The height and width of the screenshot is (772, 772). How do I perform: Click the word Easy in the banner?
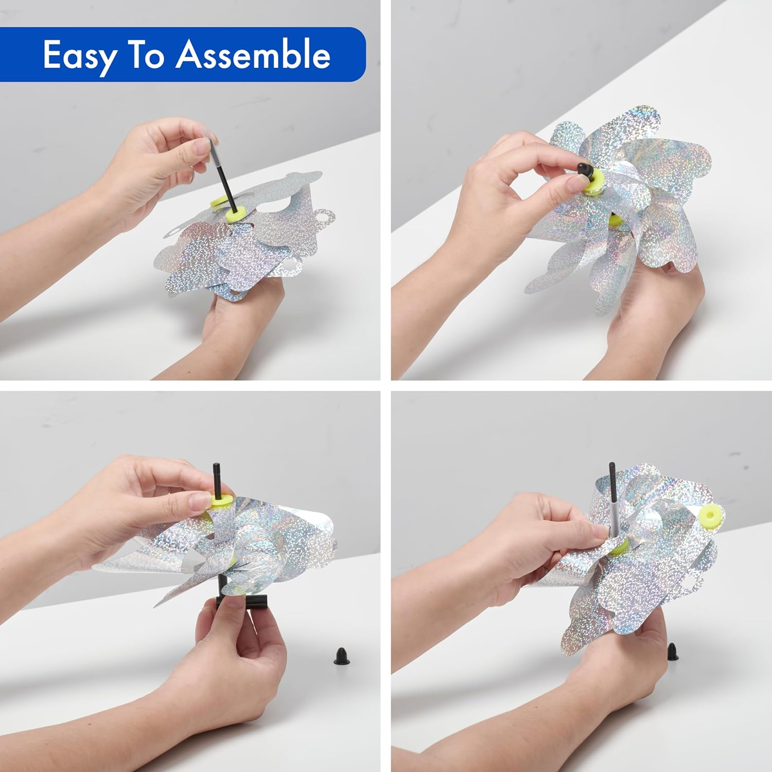[80, 56]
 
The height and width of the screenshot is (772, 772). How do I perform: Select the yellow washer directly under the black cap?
[594, 184]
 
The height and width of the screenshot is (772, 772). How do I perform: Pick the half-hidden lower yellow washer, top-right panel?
[614, 221]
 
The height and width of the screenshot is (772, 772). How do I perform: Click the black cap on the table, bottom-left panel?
[340, 655]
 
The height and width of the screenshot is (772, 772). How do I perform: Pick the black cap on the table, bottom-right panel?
[672, 652]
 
